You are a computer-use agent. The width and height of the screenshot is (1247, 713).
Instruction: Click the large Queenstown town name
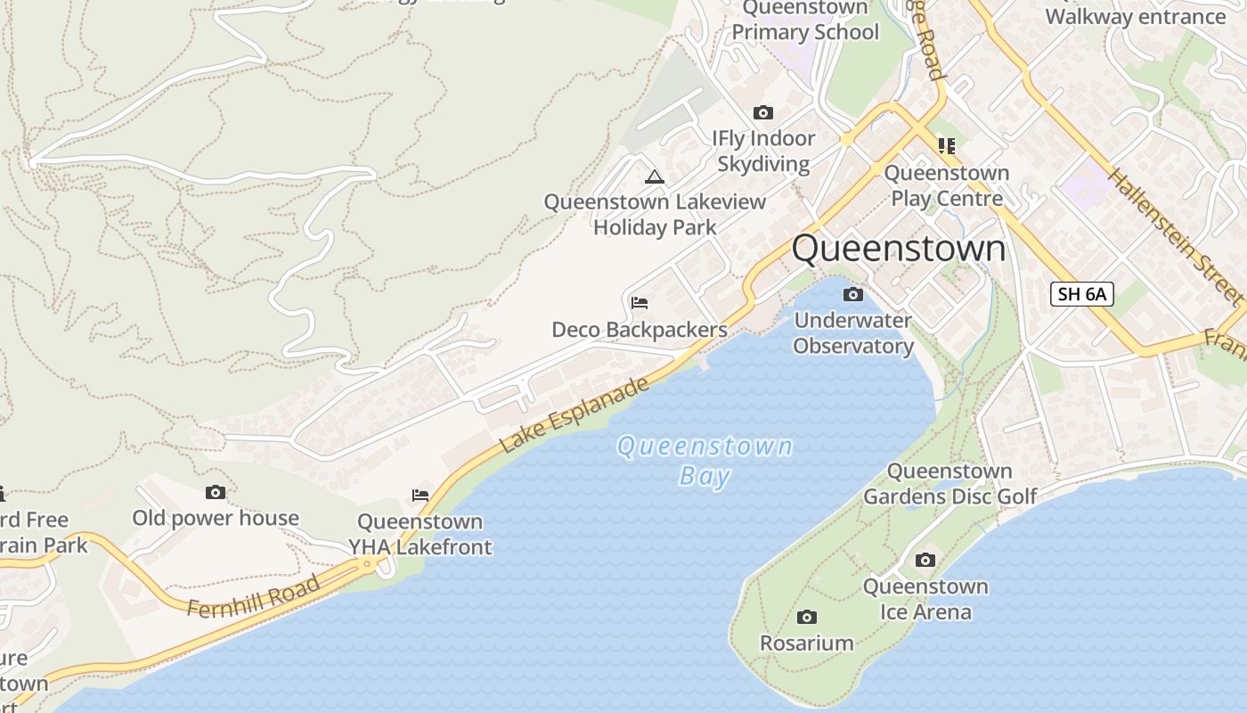[x=899, y=248]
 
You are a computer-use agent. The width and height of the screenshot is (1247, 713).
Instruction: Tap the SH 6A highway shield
[x=1082, y=294]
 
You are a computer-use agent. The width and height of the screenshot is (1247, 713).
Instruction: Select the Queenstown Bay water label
[x=705, y=461]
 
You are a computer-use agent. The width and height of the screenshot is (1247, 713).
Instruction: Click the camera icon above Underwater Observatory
[x=852, y=294]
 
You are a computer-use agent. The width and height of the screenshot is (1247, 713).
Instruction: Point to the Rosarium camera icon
[x=806, y=617]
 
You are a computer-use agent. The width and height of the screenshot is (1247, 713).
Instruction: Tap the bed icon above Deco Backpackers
[x=639, y=303]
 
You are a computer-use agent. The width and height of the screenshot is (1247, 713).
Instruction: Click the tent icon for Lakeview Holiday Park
[x=655, y=176]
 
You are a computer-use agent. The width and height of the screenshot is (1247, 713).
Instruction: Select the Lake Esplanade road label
[x=575, y=415]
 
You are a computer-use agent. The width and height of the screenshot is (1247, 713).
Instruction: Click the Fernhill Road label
[x=253, y=597]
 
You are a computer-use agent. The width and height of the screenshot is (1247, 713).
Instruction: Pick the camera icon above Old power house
[x=215, y=492]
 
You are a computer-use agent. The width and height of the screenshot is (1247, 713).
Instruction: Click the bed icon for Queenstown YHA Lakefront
[x=420, y=496]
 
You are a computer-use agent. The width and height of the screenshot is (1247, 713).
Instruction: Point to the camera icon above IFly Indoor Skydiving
[x=762, y=112]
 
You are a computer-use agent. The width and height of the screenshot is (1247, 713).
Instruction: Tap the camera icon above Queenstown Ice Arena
[x=925, y=560]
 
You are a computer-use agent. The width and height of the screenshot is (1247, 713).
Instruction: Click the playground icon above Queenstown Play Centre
[x=946, y=145]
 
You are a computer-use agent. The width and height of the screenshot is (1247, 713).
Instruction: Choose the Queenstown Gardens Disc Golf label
[x=950, y=484]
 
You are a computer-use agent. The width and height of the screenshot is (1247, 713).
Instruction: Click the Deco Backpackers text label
[x=640, y=330]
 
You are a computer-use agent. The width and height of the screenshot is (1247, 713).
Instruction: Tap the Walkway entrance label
[x=1136, y=16]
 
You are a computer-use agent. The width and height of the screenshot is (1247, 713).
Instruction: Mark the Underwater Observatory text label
[x=853, y=333]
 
